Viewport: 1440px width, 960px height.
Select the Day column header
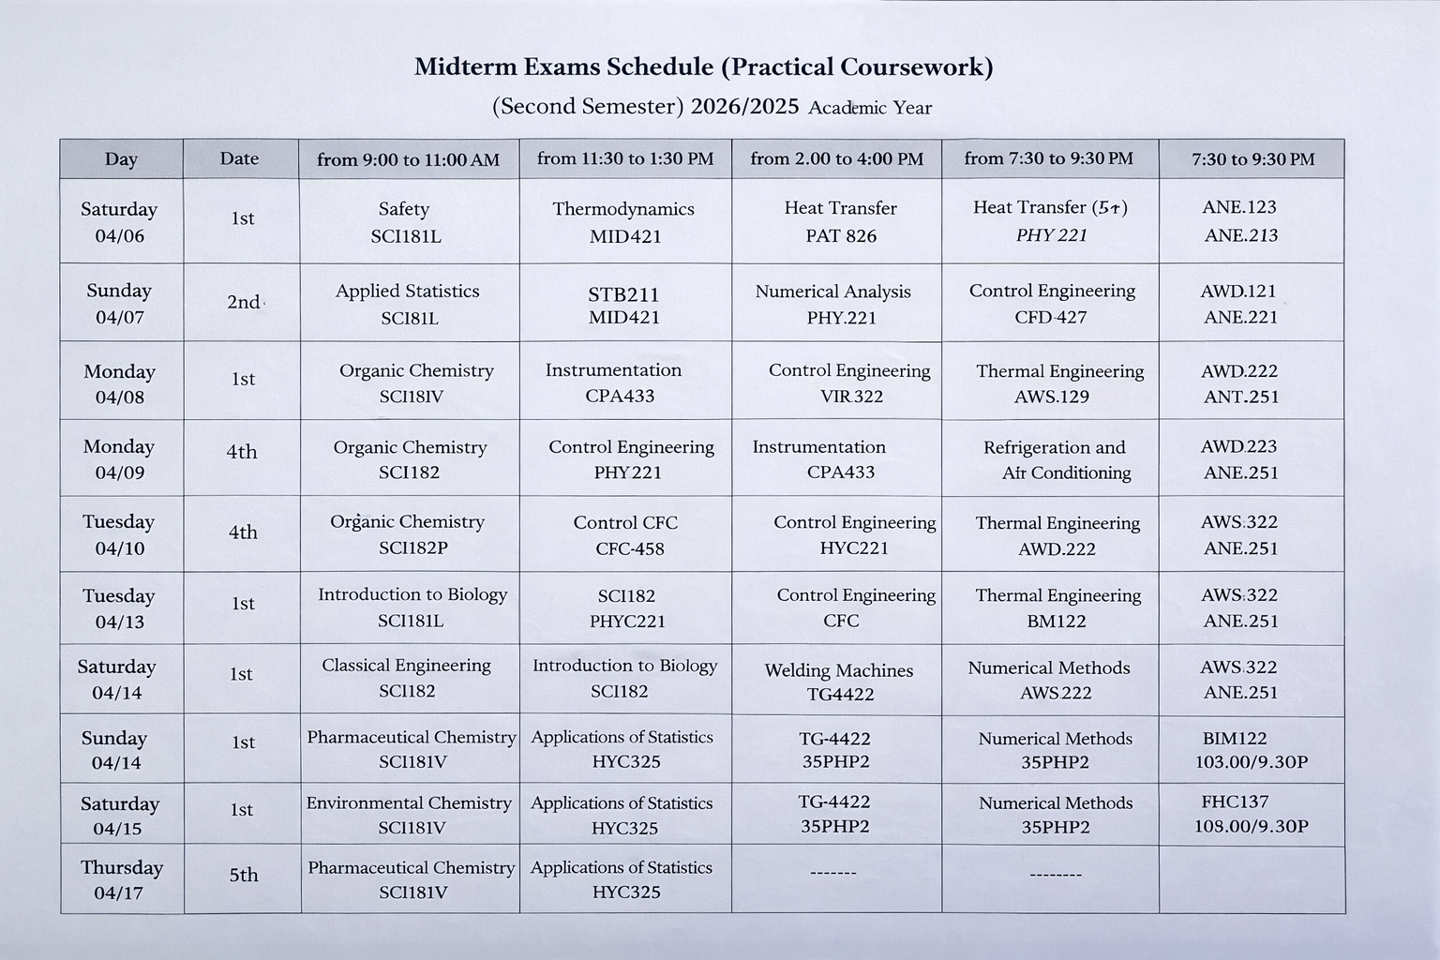pos(121,159)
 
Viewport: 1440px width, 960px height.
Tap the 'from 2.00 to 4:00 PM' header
pos(836,159)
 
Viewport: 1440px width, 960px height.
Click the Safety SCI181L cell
pos(405,222)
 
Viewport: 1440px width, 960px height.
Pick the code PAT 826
pos(841,236)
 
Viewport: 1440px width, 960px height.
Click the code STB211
pos(623,294)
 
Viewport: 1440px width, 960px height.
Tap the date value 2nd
pos(243,302)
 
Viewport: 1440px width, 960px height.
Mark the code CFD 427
pos(1050,317)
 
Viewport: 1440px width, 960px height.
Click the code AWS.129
pos(1052,397)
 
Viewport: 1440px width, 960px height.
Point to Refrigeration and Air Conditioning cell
pos(1056,459)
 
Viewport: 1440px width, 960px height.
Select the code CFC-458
pos(629,548)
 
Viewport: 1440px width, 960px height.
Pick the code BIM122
pos(1234,738)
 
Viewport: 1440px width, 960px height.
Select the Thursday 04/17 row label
pos(121,879)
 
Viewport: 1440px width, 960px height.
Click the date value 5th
pos(243,875)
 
